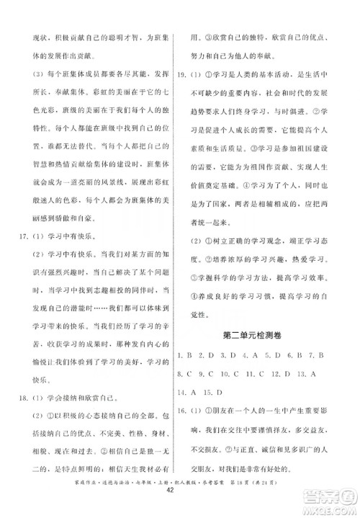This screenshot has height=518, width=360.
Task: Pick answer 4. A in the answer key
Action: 248,356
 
